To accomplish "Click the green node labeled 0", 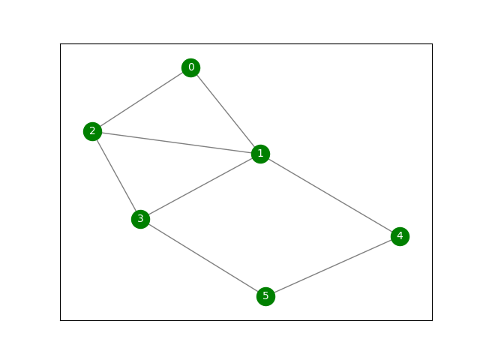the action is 190,68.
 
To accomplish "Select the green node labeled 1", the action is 260,154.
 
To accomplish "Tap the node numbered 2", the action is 92,132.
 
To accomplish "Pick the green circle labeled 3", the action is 139,219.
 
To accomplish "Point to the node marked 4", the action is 400,237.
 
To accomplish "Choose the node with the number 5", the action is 265,296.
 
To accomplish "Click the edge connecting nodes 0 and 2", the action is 142,100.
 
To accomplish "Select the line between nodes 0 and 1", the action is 225,111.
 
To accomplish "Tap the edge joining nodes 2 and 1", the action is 176,142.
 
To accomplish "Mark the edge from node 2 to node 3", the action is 116,175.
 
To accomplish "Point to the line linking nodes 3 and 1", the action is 200,186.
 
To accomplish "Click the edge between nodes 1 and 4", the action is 330,195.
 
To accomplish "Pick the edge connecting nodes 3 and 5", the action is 202,258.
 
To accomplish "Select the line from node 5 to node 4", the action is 332,267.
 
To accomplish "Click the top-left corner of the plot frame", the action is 61,43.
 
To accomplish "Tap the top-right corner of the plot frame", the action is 432,43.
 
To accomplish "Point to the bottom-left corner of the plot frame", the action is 61,320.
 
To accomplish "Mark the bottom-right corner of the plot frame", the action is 432,320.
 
